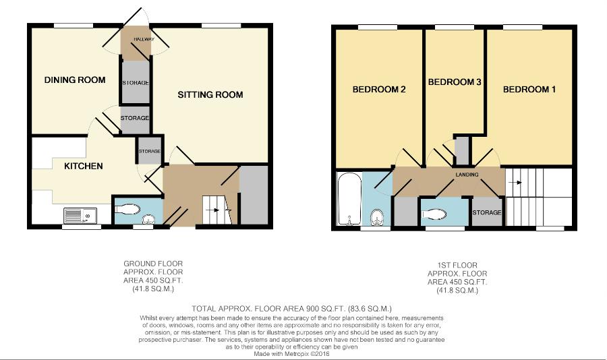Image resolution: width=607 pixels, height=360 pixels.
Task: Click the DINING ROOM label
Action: point(75,80)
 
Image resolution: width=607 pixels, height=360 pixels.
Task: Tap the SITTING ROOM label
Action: point(210,94)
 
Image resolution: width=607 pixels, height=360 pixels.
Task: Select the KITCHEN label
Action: point(83,166)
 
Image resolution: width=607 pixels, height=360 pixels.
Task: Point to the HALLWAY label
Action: point(144,39)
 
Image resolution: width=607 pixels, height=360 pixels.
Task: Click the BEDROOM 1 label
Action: point(529,90)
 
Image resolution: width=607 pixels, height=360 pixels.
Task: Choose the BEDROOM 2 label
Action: point(379,90)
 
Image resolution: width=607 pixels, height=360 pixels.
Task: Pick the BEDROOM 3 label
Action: point(455,82)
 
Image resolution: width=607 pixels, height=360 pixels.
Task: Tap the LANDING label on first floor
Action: point(467,175)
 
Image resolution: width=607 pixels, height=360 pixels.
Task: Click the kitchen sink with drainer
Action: point(80,216)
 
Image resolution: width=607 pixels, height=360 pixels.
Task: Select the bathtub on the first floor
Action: point(349,199)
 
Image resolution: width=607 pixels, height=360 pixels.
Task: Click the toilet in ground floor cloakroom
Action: point(127,210)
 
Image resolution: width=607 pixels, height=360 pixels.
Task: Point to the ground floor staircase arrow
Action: point(212,210)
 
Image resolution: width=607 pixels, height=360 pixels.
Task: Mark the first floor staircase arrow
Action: point(516,183)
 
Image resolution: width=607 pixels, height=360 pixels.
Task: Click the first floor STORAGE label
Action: point(486,212)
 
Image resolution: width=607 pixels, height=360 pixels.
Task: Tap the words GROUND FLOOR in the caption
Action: point(153,264)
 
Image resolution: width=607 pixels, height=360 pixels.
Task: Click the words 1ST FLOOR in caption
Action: point(457,265)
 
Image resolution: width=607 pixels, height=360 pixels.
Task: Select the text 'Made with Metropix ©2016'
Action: point(291,354)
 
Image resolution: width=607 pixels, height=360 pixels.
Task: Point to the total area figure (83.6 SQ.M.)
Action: point(370,309)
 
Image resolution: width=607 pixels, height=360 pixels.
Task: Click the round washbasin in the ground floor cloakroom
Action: point(148,220)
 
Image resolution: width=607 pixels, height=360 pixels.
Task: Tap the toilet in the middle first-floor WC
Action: point(434,214)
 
